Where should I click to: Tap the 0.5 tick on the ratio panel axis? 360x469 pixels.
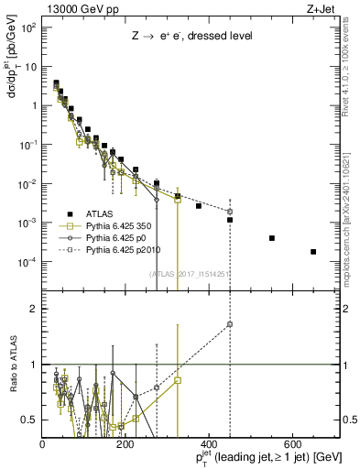coord(29,420)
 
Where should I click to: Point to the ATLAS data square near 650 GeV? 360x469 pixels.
coord(313,252)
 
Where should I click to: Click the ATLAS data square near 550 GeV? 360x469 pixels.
coord(272,238)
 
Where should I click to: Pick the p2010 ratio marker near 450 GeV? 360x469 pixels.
coord(230,324)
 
